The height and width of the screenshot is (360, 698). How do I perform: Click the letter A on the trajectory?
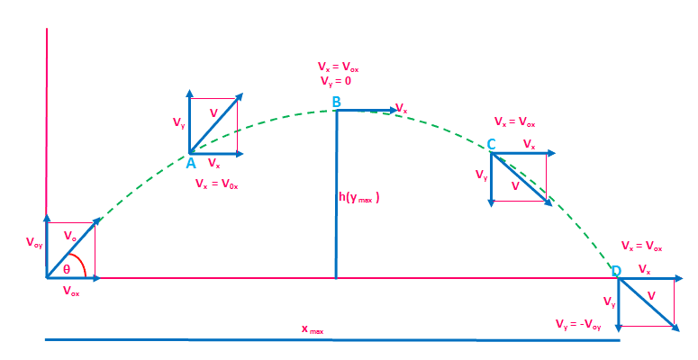point(191,163)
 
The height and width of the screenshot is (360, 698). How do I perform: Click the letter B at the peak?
point(336,103)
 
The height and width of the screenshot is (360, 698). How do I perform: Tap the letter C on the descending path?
point(491,145)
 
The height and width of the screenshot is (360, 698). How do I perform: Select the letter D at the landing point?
point(616,272)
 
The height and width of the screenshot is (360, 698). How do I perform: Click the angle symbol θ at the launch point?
point(66,268)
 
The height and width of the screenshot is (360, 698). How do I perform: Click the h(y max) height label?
point(358,197)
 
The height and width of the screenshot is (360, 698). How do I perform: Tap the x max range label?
point(312,330)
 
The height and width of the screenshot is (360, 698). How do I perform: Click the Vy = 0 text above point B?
point(334,80)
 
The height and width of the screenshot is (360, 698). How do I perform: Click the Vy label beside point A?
point(179,121)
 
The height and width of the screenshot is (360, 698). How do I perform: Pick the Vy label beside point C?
point(481,177)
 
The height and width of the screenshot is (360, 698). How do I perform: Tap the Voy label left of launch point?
point(33,242)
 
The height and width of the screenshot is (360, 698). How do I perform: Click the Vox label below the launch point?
point(71,292)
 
